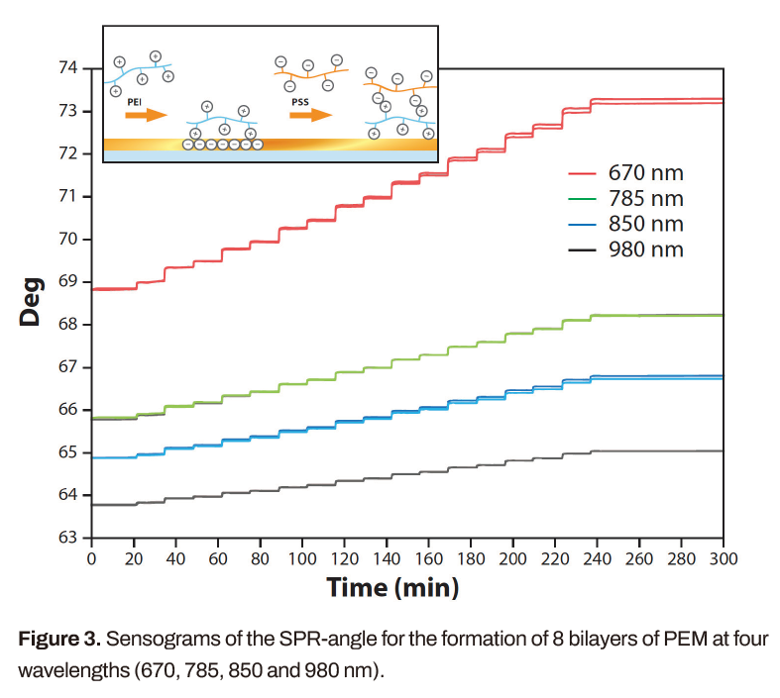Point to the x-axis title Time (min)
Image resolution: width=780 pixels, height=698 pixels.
point(392,588)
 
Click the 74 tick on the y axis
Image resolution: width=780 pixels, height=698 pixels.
point(68,68)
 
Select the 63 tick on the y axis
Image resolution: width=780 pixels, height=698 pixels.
point(68,539)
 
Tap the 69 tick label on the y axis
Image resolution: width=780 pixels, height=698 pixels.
point(68,282)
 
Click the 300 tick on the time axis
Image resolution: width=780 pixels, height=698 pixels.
point(724,559)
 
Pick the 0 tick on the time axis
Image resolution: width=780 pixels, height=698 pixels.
point(91,559)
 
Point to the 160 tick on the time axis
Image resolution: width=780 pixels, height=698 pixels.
point(428,559)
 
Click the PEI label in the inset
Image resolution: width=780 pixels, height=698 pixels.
point(135,100)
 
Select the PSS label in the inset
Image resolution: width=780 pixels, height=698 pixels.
point(300,100)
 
